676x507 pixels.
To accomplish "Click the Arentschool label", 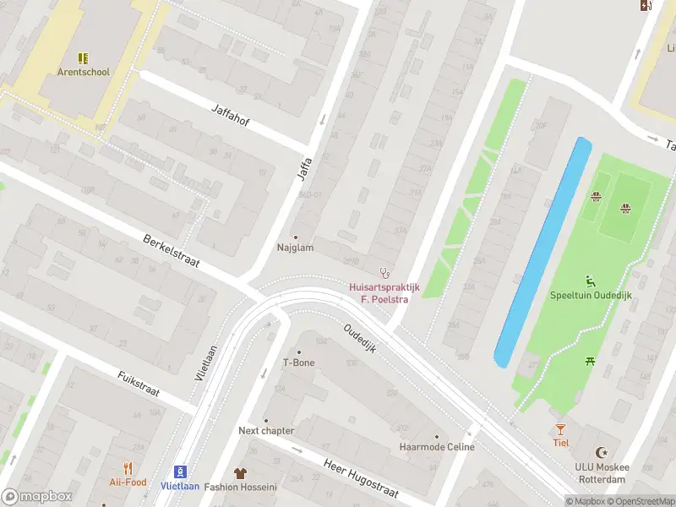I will [x=83, y=72].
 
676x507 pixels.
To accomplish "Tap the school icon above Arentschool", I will [x=83, y=57].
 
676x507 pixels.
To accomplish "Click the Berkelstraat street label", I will [x=171, y=250].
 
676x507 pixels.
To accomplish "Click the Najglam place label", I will [x=295, y=248].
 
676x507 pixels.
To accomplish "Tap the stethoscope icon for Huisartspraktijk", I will [x=384, y=272].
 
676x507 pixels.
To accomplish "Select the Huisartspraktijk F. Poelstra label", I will [x=384, y=292].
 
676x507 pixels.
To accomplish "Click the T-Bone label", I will [x=298, y=363].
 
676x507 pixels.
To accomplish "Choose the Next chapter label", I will [x=266, y=430].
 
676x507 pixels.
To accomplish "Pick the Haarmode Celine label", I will [x=437, y=447].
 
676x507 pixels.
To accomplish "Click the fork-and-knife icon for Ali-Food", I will [x=128, y=467].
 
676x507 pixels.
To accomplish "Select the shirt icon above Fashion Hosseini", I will [x=241, y=472].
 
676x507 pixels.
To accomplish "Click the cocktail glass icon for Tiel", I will [x=560, y=429].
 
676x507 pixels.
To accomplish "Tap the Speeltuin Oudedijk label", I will [x=591, y=296].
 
